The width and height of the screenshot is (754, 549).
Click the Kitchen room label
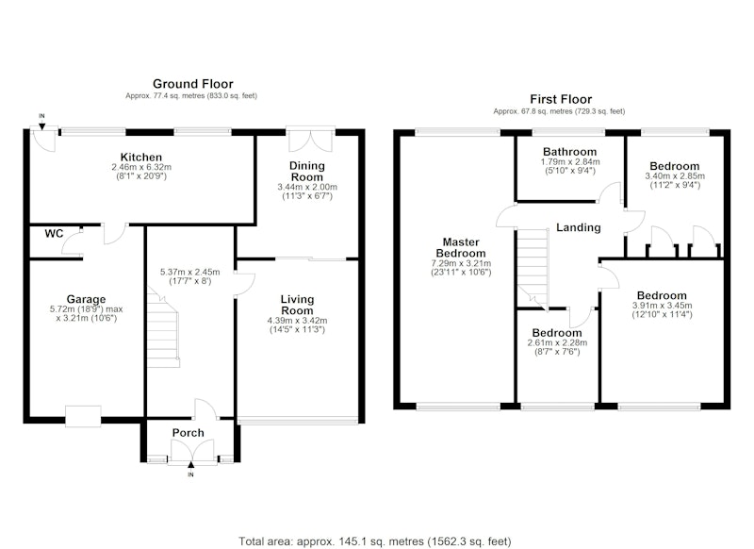[140, 158]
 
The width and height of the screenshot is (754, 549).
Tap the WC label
[54, 234]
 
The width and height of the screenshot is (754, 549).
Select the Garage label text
[86, 299]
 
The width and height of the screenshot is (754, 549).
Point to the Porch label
[188, 433]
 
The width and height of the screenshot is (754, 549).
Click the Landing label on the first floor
[579, 227]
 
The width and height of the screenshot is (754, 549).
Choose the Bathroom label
[570, 152]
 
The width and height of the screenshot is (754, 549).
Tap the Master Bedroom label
[461, 248]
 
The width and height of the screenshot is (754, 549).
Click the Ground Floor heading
[193, 84]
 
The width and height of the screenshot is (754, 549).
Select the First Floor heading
[561, 99]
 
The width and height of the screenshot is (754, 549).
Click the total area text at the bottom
[375, 541]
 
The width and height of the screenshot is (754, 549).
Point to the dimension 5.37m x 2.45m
[190, 272]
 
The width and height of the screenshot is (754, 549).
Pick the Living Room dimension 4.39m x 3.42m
[297, 321]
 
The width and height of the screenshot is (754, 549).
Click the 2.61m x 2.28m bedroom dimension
[557, 343]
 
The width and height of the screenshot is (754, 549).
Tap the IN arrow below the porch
[191, 465]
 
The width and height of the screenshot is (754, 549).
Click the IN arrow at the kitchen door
[42, 126]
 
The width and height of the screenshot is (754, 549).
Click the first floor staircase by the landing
[533, 269]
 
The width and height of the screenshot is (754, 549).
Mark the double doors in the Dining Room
[311, 140]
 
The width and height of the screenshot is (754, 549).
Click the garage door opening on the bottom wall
[83, 416]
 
